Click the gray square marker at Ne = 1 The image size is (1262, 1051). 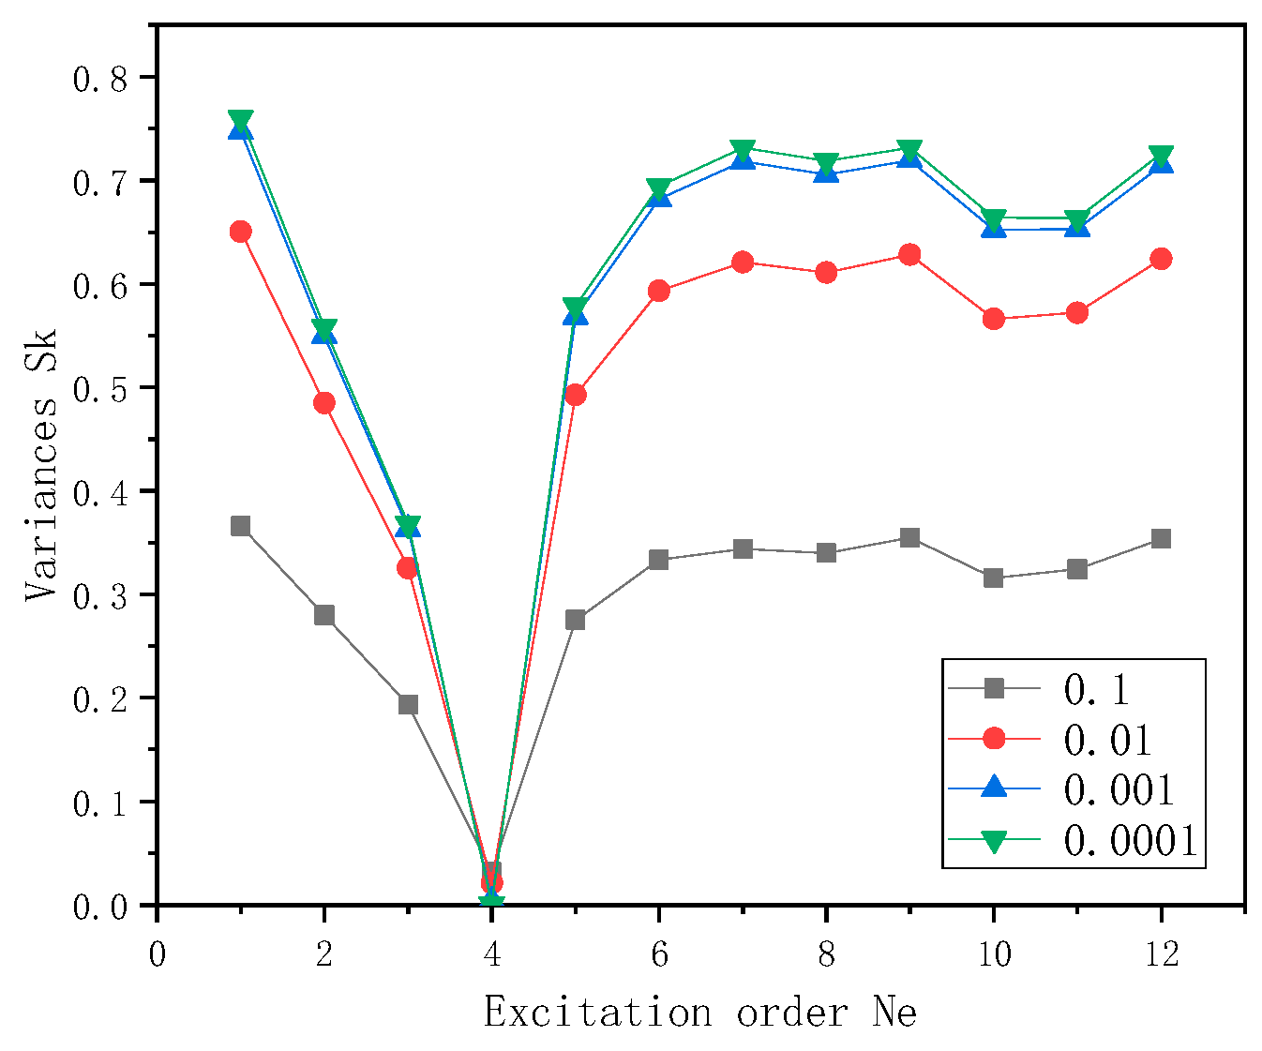click(240, 526)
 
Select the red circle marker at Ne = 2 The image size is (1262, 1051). click(324, 403)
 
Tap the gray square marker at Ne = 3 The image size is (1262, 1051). click(408, 704)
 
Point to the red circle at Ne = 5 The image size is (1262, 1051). click(576, 396)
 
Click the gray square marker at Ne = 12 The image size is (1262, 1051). click(1161, 538)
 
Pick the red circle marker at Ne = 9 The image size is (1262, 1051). click(909, 255)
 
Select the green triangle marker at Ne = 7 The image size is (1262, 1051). click(743, 150)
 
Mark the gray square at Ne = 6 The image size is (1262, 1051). click(659, 560)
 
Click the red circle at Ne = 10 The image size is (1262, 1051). click(994, 320)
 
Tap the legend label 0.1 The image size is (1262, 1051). click(1096, 690)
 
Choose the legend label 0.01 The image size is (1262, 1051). click(1107, 741)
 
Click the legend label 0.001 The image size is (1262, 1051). click(1119, 790)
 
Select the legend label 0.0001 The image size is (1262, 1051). click(1131, 841)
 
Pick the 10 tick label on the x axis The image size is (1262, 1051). click(994, 954)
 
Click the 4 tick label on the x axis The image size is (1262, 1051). click(491, 954)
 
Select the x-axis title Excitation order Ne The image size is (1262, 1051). click(700, 1013)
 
